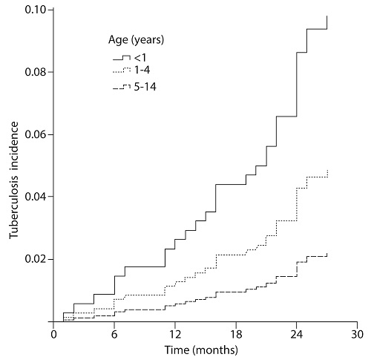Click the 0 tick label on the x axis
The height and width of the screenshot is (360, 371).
53,334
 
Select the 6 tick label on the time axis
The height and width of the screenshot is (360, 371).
114,334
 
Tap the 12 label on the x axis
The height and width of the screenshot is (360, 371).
175,334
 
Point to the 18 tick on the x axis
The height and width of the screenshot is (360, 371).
236,334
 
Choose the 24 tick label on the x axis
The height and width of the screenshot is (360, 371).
297,334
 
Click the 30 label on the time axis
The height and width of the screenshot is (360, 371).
358,334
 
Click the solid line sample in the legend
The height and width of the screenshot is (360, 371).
121,56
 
